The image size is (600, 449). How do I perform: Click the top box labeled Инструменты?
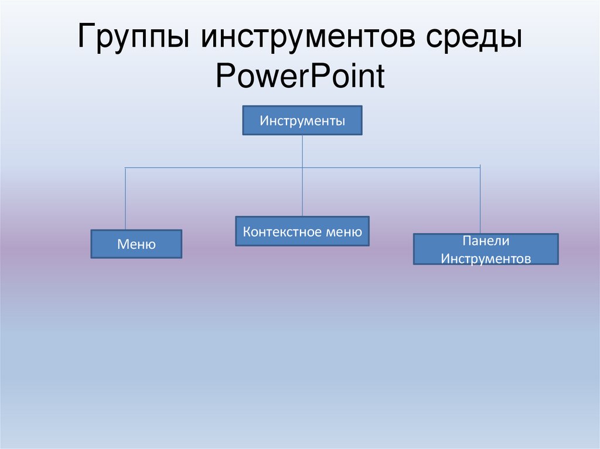tap(302, 121)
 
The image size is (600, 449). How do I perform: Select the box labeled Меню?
tap(136, 244)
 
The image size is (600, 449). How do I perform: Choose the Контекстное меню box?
tap(302, 231)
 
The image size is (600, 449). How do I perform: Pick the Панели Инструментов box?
tap(486, 249)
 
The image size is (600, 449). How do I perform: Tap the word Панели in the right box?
tap(486, 241)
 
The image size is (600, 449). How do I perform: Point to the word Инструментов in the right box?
tap(486, 258)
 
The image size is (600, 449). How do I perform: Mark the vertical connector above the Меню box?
tap(125, 199)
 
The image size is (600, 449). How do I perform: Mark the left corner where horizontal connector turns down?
tap(125, 168)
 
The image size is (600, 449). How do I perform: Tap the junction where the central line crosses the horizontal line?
tap(302, 168)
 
